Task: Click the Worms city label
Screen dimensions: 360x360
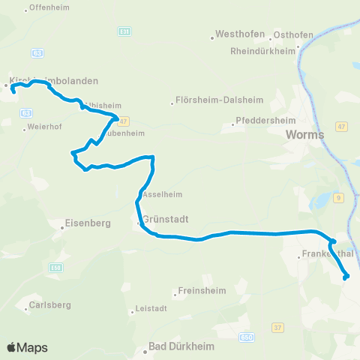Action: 304,135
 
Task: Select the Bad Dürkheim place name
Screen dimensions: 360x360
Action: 181,347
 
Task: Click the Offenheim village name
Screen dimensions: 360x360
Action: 46,9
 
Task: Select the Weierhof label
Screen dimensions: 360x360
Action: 42,127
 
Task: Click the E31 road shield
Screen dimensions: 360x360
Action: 124,32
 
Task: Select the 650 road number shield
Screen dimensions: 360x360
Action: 248,339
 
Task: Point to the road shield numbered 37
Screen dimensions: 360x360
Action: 278,327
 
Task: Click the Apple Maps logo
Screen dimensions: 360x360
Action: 27,347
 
